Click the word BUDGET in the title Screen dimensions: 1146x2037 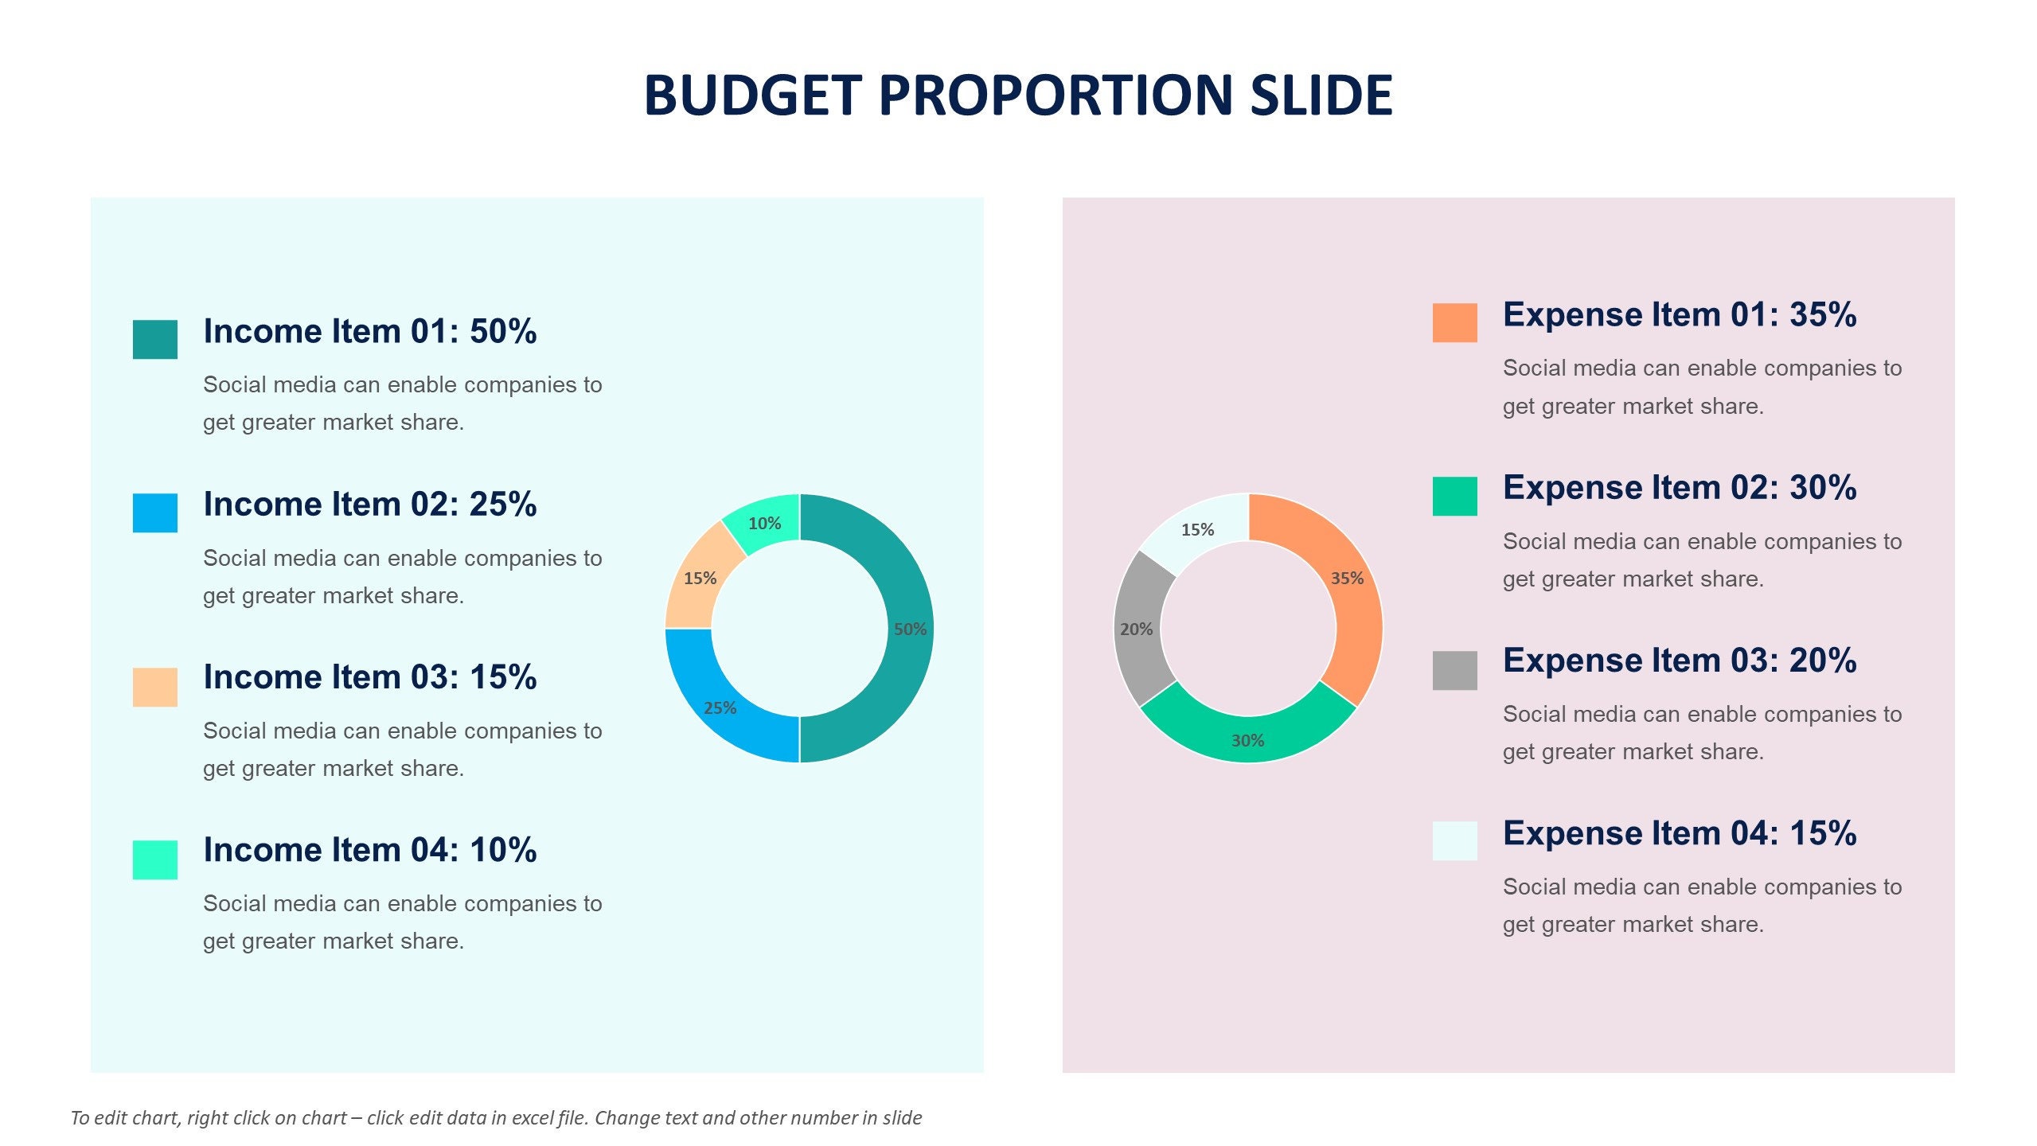coord(752,95)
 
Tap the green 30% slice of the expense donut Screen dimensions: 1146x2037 coord(1247,736)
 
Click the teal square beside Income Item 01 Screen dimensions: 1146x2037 coord(154,339)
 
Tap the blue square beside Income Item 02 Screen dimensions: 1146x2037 coord(154,513)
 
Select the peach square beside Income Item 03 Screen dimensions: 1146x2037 coord(154,686)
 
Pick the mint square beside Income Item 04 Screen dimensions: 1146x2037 coord(154,859)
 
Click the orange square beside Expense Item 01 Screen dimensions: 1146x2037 coord(1454,322)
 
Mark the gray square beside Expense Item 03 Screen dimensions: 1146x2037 coord(1454,670)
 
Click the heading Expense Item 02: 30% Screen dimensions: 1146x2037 coord(1679,488)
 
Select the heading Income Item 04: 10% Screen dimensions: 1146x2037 coord(369,850)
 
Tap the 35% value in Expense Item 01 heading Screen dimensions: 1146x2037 coord(1823,315)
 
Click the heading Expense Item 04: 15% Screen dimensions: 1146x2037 coord(1679,833)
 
